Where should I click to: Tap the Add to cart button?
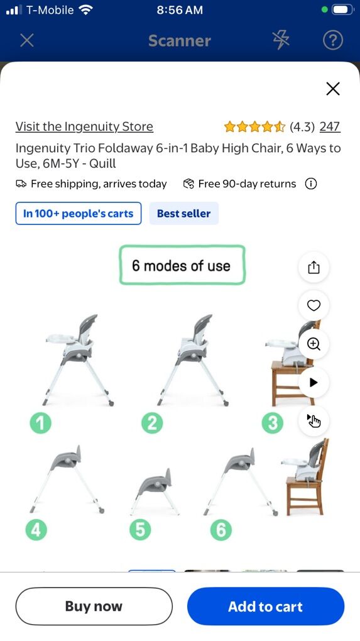pyautogui.click(x=266, y=606)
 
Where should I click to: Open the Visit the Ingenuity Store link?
pyautogui.click(x=84, y=127)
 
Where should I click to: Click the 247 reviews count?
pyautogui.click(x=330, y=127)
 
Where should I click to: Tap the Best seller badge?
pyautogui.click(x=184, y=214)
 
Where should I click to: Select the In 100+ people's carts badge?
pyautogui.click(x=79, y=214)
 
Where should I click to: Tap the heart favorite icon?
pyautogui.click(x=314, y=305)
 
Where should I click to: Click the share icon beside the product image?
pyautogui.click(x=314, y=267)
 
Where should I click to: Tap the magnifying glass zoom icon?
pyautogui.click(x=314, y=344)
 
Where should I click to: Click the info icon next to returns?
pyautogui.click(x=311, y=184)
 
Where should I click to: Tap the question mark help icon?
pyautogui.click(x=332, y=40)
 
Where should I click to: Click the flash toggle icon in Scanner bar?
pyautogui.click(x=281, y=40)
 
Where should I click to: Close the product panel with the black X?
pyautogui.click(x=333, y=89)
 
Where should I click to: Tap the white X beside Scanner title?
pyautogui.click(x=27, y=40)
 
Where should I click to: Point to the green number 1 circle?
pyautogui.click(x=40, y=423)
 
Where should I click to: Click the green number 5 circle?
pyautogui.click(x=140, y=530)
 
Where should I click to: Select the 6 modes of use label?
pyautogui.click(x=182, y=265)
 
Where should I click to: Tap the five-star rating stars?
pyautogui.click(x=254, y=127)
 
